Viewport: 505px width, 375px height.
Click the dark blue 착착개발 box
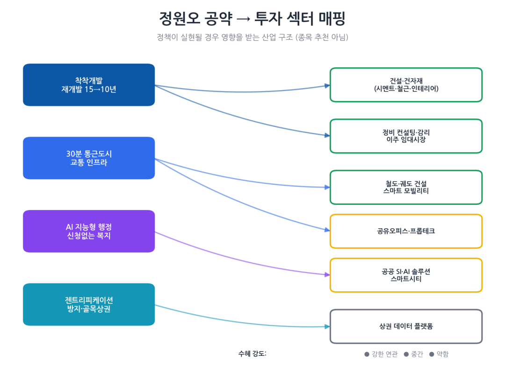pos(89,85)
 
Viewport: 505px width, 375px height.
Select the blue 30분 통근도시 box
pos(89,158)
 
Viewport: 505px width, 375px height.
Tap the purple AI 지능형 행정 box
pos(89,231)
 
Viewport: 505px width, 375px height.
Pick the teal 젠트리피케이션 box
pos(89,304)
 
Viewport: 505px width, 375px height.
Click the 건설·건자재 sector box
pos(406,85)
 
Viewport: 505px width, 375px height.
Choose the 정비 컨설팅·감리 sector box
pos(406,136)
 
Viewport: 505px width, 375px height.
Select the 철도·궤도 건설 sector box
pos(406,187)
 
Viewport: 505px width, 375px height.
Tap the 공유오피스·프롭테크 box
pos(406,231)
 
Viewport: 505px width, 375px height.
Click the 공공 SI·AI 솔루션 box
pos(406,275)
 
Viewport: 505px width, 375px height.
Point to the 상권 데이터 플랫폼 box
pos(406,326)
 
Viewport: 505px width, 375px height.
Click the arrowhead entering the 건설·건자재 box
pos(327,86)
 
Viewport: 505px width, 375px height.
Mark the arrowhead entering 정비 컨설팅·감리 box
pos(327,135)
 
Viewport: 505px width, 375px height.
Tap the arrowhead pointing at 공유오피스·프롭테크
pos(327,230)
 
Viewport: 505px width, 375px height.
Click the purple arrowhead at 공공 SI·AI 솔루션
pos(327,274)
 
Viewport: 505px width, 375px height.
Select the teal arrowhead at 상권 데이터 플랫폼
pos(327,326)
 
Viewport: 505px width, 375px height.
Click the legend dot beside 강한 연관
pos(367,354)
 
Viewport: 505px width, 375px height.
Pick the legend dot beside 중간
pos(406,354)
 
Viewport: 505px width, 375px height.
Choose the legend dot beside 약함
pos(432,354)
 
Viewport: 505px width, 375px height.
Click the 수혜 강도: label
pos(252,354)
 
